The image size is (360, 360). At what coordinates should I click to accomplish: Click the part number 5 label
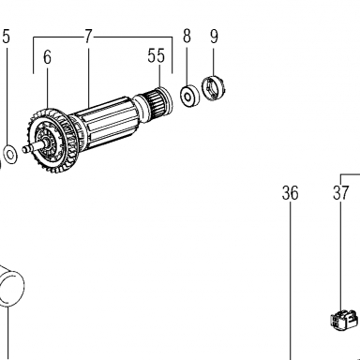point(7,37)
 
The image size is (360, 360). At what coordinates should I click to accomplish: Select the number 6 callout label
point(47,57)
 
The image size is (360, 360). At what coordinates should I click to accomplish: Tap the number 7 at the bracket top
point(88,37)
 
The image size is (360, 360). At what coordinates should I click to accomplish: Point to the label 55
point(156,56)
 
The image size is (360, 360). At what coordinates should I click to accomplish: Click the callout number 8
point(187,37)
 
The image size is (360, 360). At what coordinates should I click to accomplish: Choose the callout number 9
point(214,37)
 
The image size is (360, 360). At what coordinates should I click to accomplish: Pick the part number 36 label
point(290,193)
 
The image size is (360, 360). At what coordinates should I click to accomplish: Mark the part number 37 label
point(340,193)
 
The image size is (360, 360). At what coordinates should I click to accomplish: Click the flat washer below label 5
point(10,154)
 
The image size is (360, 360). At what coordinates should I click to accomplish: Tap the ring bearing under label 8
point(189,96)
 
